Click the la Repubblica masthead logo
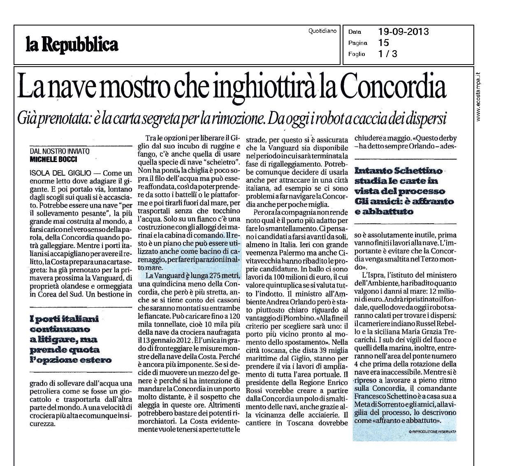[x=72, y=44]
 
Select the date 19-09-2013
[x=403, y=32]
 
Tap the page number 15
[x=383, y=42]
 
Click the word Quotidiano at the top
[x=322, y=30]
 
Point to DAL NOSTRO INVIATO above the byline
[x=60, y=151]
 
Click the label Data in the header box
[x=355, y=32]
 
